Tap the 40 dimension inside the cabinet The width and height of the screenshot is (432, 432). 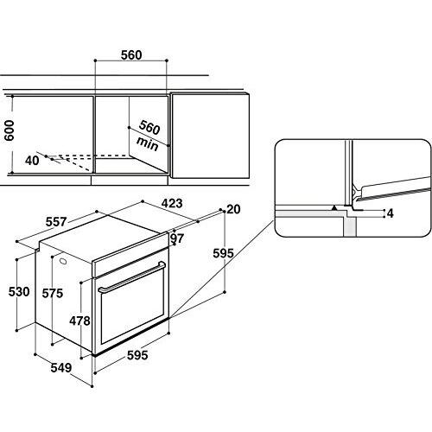(33, 160)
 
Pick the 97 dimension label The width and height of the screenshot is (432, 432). (177, 238)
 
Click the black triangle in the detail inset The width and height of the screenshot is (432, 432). (334, 208)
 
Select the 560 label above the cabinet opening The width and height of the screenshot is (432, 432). (130, 55)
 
